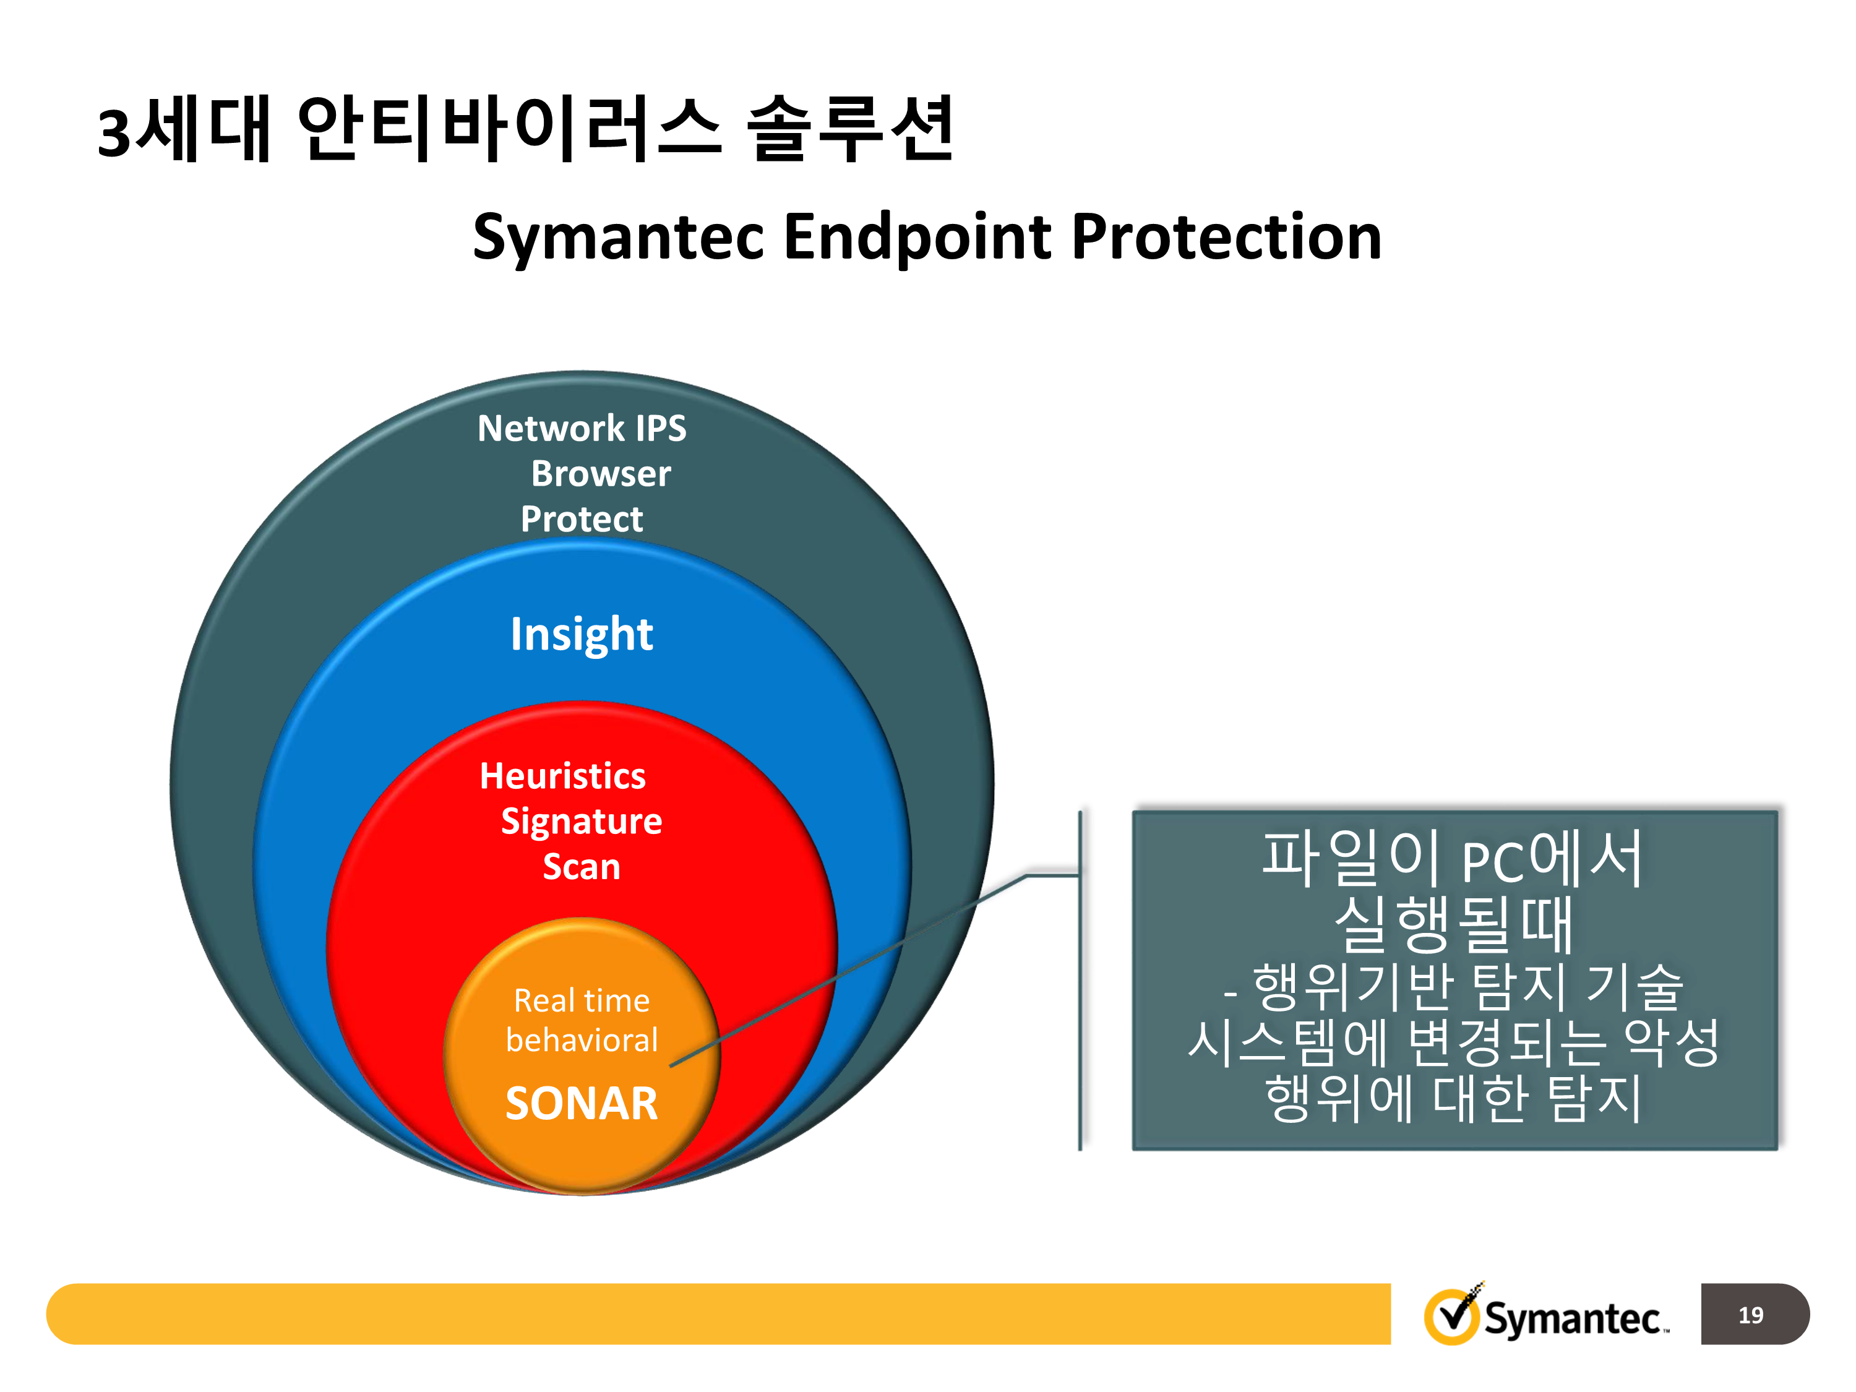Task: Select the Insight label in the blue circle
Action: pyautogui.click(x=582, y=634)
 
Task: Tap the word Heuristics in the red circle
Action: pyautogui.click(x=562, y=776)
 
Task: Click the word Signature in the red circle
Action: pyautogui.click(x=582, y=822)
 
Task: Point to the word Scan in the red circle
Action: pyautogui.click(x=582, y=867)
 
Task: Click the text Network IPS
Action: pyautogui.click(x=582, y=429)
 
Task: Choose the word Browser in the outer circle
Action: pyautogui.click(x=601, y=474)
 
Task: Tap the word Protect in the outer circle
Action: pyautogui.click(x=582, y=520)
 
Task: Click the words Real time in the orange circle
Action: pyautogui.click(x=582, y=1001)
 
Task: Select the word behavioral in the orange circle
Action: pyautogui.click(x=582, y=1041)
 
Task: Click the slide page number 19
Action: pyautogui.click(x=1750, y=1315)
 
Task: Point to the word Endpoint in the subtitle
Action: pyautogui.click(x=916, y=238)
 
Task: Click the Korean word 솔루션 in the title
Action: pyautogui.click(x=850, y=129)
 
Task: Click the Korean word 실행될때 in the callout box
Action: pyautogui.click(x=1453, y=925)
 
